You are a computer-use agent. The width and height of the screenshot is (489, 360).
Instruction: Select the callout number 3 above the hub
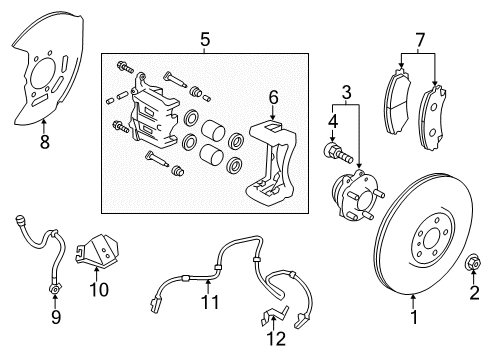click(346, 93)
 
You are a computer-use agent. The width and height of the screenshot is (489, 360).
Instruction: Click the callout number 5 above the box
click(205, 40)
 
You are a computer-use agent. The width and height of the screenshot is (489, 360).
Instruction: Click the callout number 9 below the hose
click(56, 318)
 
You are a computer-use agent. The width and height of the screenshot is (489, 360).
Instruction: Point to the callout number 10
click(98, 290)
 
